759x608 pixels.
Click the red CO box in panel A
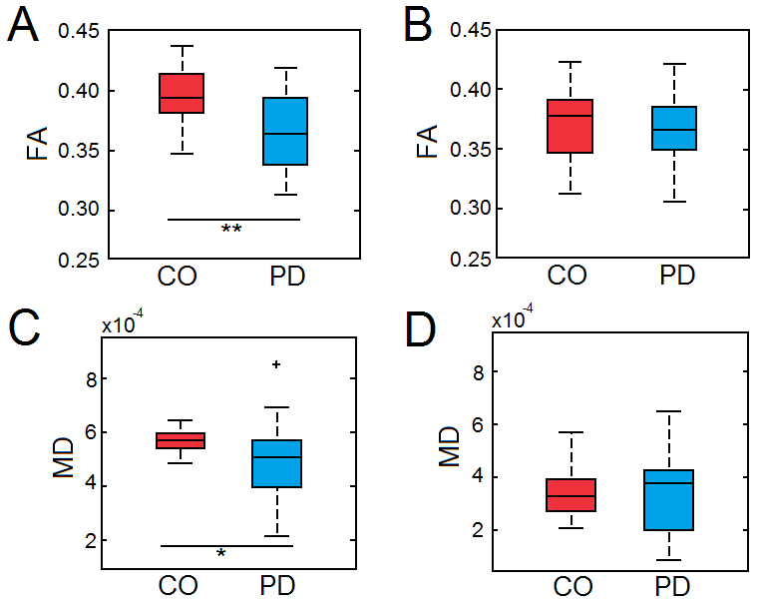point(183,93)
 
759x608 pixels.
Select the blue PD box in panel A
point(285,131)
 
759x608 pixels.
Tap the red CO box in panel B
point(570,126)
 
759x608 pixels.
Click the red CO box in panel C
point(183,440)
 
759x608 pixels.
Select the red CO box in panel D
point(570,494)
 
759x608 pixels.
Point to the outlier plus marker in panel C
point(276,364)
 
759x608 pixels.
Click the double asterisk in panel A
point(231,229)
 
